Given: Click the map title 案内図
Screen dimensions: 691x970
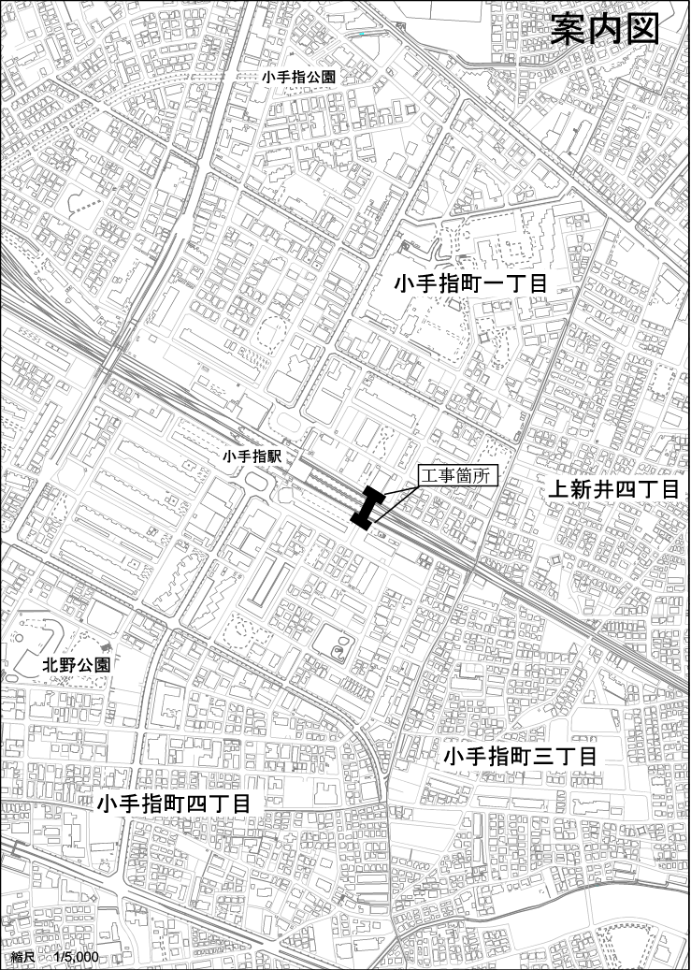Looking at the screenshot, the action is (x=605, y=29).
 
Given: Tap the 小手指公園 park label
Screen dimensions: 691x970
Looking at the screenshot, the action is (x=298, y=78).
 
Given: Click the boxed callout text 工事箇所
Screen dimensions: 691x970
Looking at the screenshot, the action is (x=457, y=475).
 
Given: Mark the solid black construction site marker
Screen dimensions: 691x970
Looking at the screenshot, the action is (x=369, y=506).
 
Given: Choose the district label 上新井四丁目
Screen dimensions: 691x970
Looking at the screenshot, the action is (x=612, y=489).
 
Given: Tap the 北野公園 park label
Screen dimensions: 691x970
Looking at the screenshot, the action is (x=77, y=665).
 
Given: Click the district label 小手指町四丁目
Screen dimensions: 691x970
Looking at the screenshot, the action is (x=173, y=804).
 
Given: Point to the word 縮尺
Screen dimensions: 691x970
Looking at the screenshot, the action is (x=23, y=958).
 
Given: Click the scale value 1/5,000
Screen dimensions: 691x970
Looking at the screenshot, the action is (x=77, y=958).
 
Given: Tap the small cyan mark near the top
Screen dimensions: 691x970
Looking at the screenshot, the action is (x=362, y=35).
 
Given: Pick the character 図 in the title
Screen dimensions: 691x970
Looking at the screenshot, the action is (x=642, y=29).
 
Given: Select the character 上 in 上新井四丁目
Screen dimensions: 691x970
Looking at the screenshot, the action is (x=557, y=489).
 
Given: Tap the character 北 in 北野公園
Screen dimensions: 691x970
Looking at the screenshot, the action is (x=51, y=665).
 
